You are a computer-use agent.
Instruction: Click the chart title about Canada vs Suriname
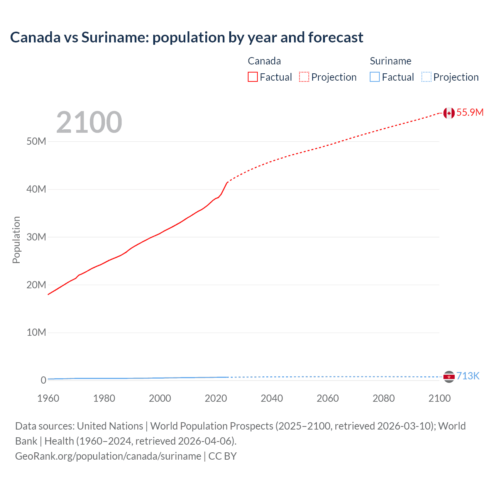click(x=186, y=37)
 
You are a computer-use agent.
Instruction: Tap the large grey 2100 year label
click(x=89, y=122)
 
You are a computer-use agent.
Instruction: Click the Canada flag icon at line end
click(x=448, y=113)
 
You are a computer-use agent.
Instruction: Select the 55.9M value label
click(x=470, y=112)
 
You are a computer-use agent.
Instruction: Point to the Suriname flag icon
click(x=448, y=376)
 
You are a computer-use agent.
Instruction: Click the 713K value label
click(x=468, y=376)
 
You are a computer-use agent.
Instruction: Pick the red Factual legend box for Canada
click(x=253, y=77)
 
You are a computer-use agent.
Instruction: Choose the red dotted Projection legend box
click(x=304, y=77)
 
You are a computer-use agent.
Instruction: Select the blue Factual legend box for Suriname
click(x=375, y=77)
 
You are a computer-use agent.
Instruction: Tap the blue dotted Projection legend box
click(x=426, y=77)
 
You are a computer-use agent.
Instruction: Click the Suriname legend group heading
click(x=391, y=61)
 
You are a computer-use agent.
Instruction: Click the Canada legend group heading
click(x=264, y=61)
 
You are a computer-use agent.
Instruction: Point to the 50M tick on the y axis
click(x=36, y=142)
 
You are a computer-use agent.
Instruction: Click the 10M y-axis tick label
click(x=36, y=333)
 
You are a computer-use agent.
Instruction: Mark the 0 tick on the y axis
click(x=43, y=380)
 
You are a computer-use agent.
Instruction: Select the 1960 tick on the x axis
click(x=48, y=398)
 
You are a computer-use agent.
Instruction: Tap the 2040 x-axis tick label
click(x=272, y=398)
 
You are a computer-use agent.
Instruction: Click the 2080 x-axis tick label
click(x=384, y=398)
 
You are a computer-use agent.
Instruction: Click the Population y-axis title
click(x=16, y=240)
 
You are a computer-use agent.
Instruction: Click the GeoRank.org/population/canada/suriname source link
click(x=108, y=456)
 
